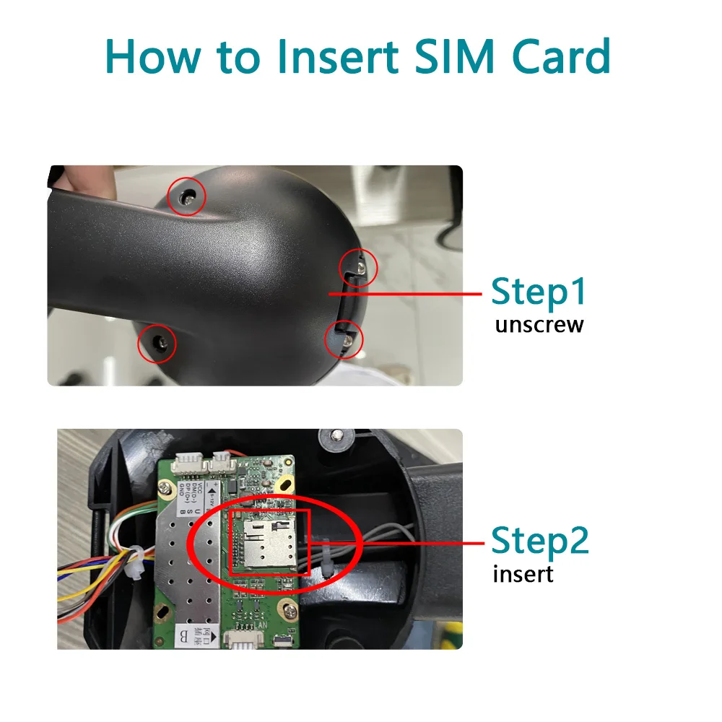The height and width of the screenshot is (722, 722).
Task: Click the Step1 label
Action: point(539,292)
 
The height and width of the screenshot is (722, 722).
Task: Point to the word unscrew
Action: point(539,325)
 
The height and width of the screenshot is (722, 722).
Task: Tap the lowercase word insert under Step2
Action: point(523,575)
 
